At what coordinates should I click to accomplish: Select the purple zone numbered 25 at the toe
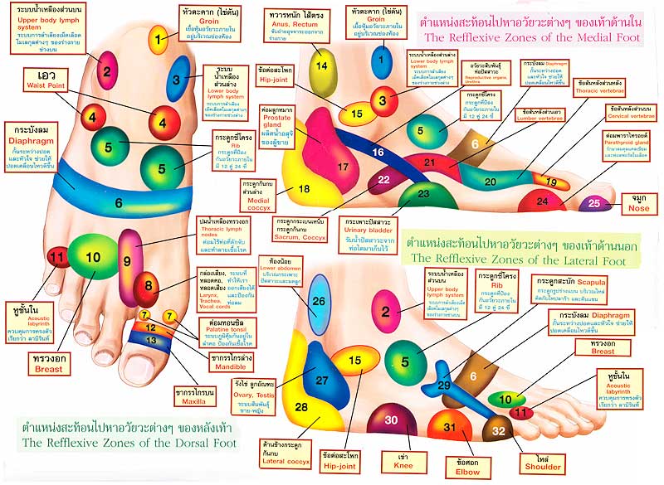[x=594, y=202]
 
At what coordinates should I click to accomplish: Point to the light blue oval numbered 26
[x=320, y=302]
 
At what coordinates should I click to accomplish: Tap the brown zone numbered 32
[x=498, y=430]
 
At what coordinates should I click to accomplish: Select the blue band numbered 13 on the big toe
[x=150, y=340]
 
